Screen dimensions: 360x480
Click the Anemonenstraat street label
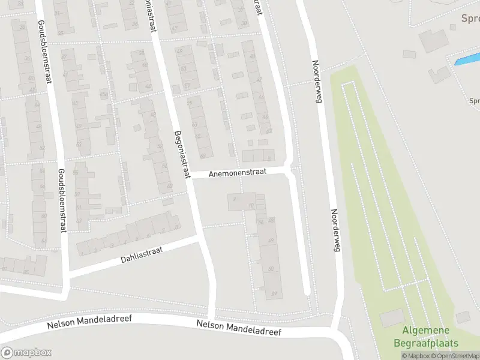click(x=239, y=173)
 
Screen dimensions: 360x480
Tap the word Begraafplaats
click(x=426, y=344)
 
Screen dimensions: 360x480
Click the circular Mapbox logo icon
click(x=7, y=353)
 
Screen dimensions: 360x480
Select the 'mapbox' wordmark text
click(x=32, y=353)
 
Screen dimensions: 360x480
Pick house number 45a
click(x=103, y=94)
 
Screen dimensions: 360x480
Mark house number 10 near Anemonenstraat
click(x=251, y=206)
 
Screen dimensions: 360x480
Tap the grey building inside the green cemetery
click(x=392, y=318)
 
